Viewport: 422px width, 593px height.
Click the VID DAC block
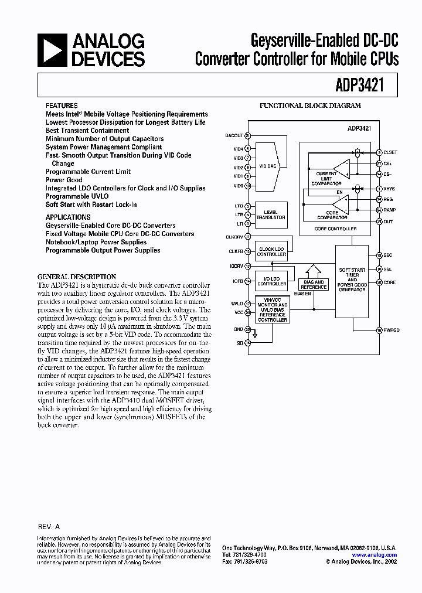coord(268,166)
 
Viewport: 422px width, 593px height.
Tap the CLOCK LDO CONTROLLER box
coord(271,252)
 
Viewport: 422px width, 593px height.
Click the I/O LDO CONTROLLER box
coord(271,281)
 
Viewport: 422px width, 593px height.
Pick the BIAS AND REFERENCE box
coord(314,284)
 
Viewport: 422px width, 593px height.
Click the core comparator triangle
coord(341,205)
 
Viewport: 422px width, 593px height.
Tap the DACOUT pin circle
coord(248,135)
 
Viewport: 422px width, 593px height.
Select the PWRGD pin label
coord(392,330)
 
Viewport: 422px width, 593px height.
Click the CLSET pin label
coord(391,152)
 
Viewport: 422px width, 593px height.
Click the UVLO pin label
coord(237,303)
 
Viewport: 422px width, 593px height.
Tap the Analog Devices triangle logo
coord(52,49)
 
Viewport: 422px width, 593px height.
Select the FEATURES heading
coord(61,106)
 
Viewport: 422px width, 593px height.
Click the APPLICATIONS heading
coord(68,217)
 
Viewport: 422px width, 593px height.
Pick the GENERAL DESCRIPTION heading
coord(77,277)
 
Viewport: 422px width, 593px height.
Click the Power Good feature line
coord(64,180)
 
